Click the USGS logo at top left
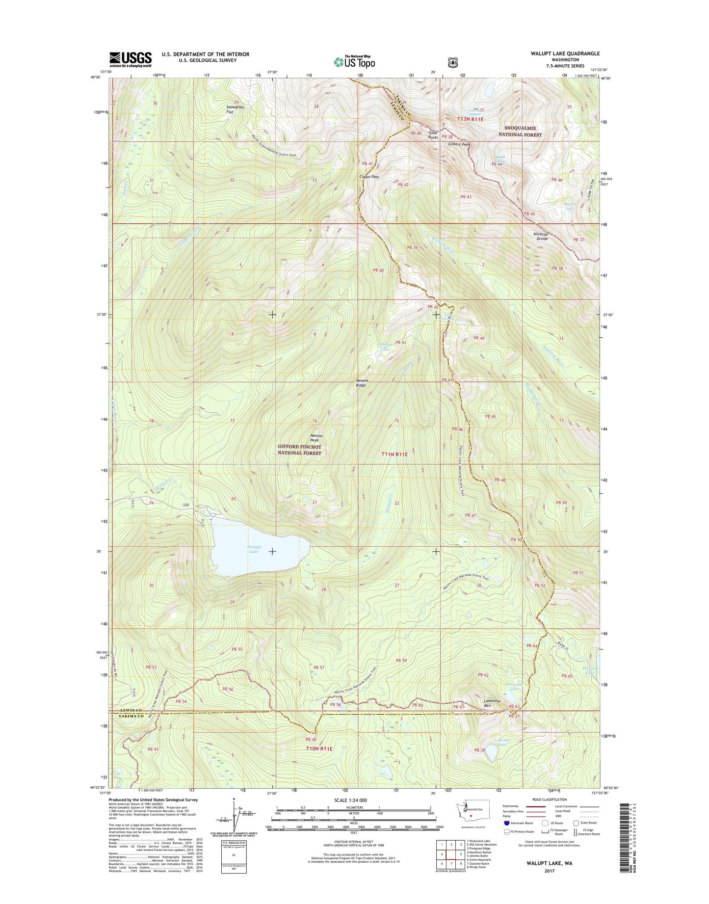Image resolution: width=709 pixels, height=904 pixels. coord(130,59)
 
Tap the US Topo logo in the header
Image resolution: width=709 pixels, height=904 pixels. coord(354,61)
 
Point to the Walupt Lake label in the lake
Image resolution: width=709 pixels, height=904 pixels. coord(254,549)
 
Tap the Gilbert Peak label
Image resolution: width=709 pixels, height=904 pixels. coord(459,144)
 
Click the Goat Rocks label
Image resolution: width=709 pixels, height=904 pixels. coord(433,135)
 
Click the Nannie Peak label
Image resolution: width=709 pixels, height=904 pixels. coord(316,438)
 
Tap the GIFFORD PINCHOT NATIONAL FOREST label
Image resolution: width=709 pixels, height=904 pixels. coord(299,450)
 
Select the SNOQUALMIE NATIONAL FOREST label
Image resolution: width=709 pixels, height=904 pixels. coord(520,131)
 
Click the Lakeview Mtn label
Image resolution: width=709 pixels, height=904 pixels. coord(492,703)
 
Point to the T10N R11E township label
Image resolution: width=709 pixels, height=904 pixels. coord(319,749)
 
